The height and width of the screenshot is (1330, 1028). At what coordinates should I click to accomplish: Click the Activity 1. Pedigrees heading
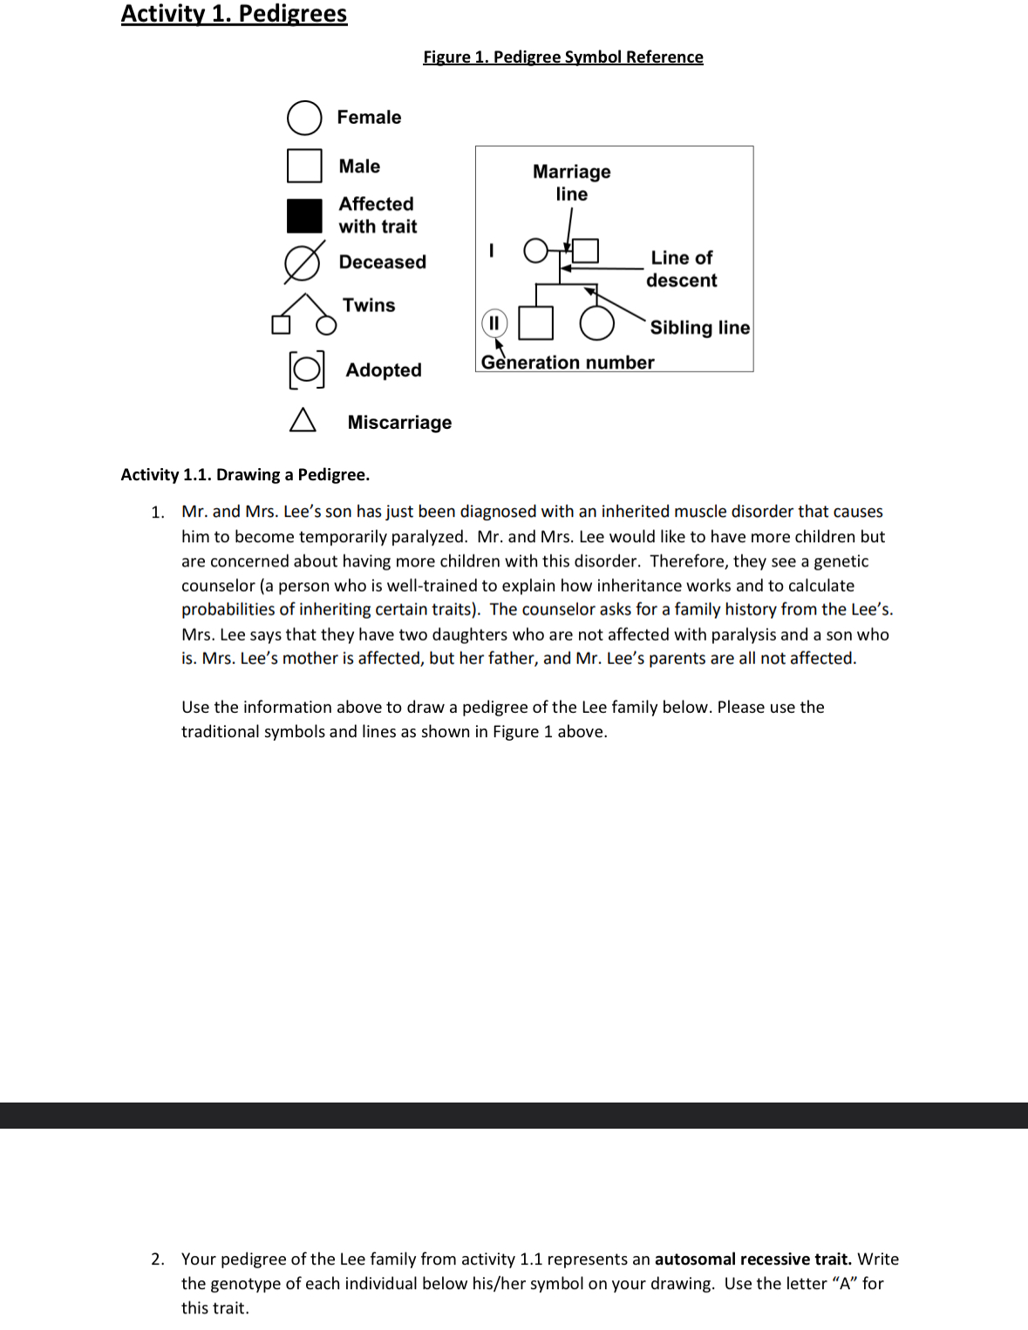point(234,14)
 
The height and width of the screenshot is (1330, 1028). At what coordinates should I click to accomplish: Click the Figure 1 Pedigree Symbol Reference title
point(562,57)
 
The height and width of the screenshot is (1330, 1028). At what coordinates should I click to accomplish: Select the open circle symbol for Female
point(304,118)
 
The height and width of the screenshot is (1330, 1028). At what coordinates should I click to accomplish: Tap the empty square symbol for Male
point(304,166)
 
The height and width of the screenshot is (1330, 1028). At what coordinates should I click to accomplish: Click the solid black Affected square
point(304,215)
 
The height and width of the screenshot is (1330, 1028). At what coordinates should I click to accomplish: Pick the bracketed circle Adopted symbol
point(306,370)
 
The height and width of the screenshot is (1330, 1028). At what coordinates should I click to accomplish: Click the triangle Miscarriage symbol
point(303,420)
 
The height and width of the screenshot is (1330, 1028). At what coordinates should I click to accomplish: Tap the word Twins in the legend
point(369,305)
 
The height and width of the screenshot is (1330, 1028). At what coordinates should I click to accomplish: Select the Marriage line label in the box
point(572,182)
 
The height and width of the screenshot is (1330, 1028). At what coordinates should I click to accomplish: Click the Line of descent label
point(682,268)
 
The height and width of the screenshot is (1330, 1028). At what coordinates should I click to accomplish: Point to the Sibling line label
point(699,328)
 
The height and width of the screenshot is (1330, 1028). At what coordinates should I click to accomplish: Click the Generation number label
point(568,363)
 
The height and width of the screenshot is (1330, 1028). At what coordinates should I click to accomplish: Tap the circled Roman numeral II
point(494,323)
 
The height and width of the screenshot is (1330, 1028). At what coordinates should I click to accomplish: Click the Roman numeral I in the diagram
point(492,251)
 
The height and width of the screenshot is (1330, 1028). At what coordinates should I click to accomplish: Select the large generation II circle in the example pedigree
point(596,322)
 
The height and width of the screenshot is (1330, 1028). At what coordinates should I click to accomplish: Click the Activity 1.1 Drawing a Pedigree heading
point(245,474)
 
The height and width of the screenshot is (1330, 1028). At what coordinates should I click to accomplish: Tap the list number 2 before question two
point(157,1259)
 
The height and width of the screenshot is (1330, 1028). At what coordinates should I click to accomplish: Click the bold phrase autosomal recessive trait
point(752,1259)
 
